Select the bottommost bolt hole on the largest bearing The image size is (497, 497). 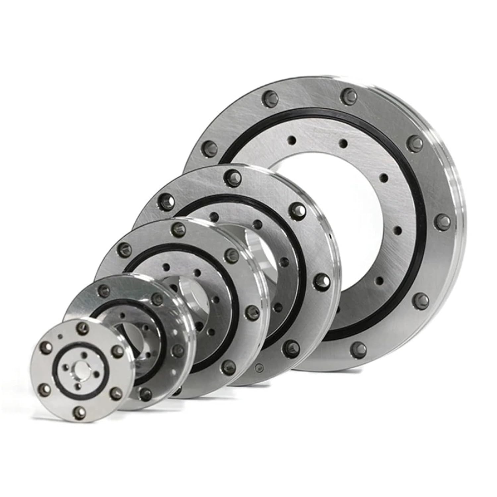[359, 348]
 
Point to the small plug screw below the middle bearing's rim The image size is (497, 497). [259, 367]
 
